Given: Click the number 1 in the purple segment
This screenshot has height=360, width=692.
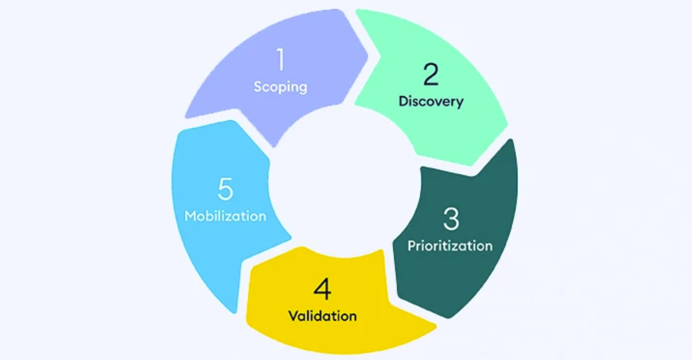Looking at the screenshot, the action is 280,61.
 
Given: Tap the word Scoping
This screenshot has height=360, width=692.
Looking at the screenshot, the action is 280,86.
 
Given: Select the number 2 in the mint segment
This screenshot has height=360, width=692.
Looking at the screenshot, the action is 430,75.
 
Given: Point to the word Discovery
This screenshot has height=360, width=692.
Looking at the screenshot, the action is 430,101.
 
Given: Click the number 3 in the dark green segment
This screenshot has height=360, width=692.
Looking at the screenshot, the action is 451,220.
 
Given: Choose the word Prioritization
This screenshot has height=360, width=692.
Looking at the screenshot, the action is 450,245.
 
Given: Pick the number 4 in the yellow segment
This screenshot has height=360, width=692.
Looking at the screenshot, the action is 322,290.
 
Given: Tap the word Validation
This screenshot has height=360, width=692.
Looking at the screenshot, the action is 322,316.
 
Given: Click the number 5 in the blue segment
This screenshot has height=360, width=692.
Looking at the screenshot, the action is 225,190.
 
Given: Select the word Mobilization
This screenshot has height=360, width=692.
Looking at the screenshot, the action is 225,216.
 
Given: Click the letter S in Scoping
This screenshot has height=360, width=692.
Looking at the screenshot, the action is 258,86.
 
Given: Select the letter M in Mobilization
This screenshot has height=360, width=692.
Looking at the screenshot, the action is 191,216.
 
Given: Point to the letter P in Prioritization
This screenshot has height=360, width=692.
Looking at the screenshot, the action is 411,245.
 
